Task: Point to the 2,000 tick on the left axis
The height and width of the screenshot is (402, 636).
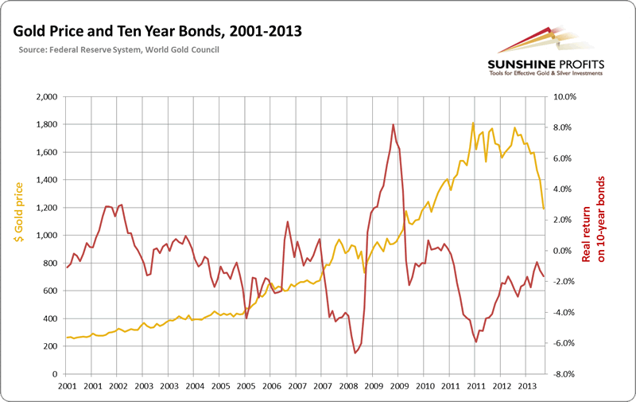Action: click(x=46, y=96)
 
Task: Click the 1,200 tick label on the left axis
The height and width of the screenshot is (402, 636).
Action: click(x=46, y=208)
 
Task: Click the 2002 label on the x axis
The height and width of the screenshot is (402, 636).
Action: click(x=118, y=386)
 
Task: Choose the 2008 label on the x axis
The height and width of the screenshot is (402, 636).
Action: click(x=348, y=386)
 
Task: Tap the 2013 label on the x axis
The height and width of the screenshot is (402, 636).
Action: click(x=526, y=386)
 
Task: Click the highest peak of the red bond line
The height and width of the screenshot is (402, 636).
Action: click(x=394, y=124)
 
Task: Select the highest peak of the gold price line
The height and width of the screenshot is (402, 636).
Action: click(x=473, y=123)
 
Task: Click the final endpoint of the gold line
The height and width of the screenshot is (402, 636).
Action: click(x=544, y=209)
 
